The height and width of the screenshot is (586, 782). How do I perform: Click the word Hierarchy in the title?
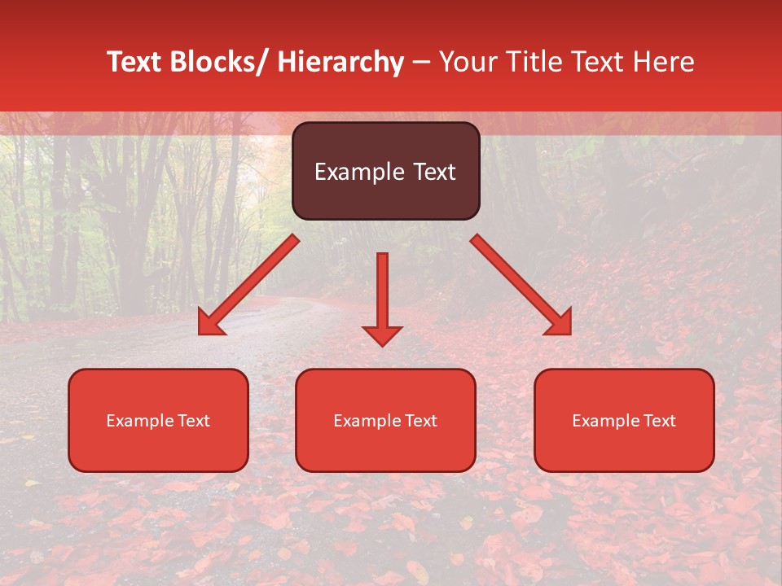pos(340,62)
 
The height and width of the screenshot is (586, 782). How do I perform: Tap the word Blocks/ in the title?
pos(215,62)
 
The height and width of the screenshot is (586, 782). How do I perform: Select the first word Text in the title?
pos(135,62)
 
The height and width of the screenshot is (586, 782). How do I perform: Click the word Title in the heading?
pos(530,62)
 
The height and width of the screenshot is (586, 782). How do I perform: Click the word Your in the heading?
pos(468,62)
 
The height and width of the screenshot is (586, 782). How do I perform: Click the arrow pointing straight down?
pos(382,297)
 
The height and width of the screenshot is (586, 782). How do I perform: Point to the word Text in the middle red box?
pos(420,421)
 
